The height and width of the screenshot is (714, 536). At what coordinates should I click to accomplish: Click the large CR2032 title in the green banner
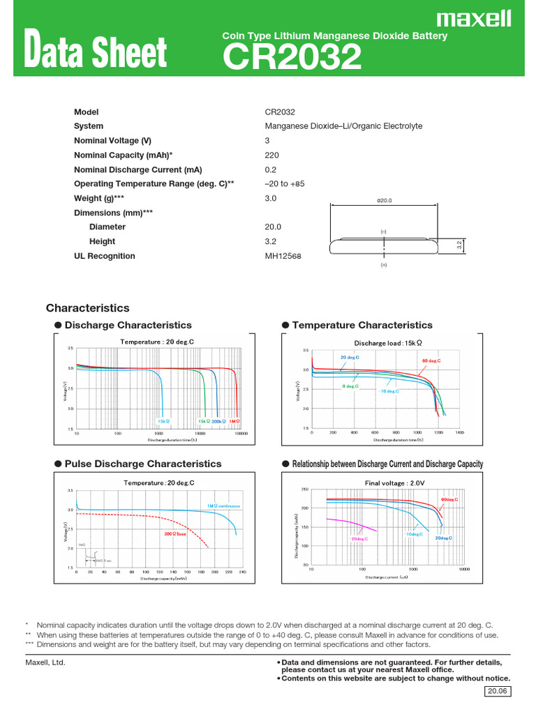(x=292, y=57)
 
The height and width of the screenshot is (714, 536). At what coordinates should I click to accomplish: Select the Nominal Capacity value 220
(x=272, y=155)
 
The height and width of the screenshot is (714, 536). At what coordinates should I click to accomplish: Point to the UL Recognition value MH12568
(x=283, y=256)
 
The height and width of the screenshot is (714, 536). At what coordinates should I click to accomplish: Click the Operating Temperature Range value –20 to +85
(x=285, y=184)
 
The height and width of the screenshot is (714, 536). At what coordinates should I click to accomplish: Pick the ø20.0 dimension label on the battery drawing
(x=385, y=200)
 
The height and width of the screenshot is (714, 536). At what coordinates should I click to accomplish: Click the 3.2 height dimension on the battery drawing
(x=459, y=245)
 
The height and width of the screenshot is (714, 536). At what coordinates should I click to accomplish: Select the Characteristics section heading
(x=88, y=308)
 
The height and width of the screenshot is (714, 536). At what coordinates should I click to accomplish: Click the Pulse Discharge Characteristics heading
(x=143, y=464)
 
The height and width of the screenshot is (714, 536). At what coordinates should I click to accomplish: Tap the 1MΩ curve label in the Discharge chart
(x=234, y=421)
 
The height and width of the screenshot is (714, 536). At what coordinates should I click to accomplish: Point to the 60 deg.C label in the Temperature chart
(x=431, y=360)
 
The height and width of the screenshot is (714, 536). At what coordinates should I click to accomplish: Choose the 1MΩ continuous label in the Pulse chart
(x=223, y=506)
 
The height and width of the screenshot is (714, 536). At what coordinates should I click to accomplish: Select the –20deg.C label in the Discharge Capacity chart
(x=359, y=539)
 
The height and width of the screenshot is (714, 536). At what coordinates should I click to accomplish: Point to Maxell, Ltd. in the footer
(x=45, y=662)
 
